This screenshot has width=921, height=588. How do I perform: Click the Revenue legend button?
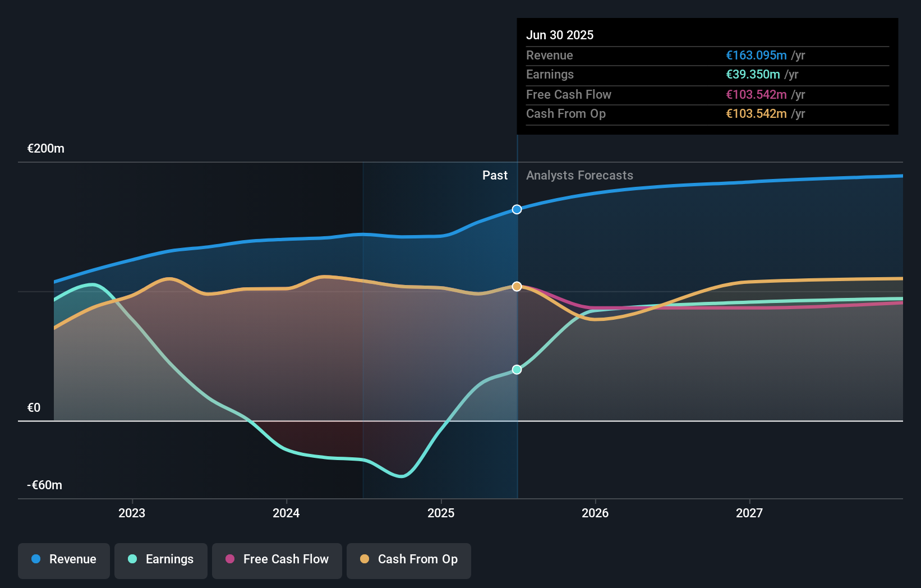coord(64,559)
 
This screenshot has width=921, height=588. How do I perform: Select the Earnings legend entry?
coord(161,559)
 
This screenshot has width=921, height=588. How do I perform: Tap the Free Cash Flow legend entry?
coord(277,559)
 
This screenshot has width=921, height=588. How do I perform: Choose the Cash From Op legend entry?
coord(409,559)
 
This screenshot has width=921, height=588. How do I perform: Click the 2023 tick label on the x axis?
coord(132,513)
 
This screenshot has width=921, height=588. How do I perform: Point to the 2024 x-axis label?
coord(286,513)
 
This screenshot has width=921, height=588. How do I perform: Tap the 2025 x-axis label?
coord(441,513)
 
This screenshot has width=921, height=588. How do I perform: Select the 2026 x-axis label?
coord(595,513)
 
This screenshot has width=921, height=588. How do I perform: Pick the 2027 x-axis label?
coord(749,513)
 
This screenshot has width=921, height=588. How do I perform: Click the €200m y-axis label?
coord(46,149)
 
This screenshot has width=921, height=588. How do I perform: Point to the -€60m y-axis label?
coord(45,485)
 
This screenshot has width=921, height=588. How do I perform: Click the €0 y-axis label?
coord(34,408)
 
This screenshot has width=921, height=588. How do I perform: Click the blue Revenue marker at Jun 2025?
coord(517,209)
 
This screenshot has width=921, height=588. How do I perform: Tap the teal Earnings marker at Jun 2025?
coord(517,369)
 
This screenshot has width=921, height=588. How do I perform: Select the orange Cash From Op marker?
coord(517,286)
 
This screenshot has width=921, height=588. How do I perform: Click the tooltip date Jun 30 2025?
coord(560,35)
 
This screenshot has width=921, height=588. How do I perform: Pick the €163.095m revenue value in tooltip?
coord(756,55)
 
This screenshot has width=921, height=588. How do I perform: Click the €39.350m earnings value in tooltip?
coord(753,75)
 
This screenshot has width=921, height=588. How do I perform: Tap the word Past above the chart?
coord(495,176)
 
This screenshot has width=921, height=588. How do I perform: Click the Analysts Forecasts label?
coord(579,176)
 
